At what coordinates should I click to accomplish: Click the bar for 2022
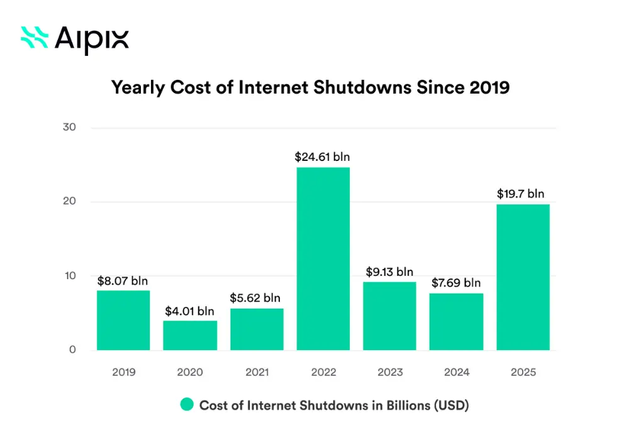(323, 258)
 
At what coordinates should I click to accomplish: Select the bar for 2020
(190, 335)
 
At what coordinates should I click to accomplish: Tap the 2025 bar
(523, 277)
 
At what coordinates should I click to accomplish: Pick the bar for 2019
(123, 320)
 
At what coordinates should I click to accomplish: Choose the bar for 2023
(389, 316)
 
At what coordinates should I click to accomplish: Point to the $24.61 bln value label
(322, 157)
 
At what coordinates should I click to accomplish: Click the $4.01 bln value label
(190, 311)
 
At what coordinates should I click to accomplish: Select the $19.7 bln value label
(521, 194)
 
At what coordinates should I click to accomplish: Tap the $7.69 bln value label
(456, 283)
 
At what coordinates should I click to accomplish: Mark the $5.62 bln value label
(255, 298)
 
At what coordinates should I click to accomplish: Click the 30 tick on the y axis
(70, 128)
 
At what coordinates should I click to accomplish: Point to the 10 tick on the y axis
(70, 276)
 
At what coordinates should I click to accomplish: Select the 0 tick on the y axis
(73, 350)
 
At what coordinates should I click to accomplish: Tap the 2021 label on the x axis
(257, 372)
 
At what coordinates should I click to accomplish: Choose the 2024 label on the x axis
(456, 372)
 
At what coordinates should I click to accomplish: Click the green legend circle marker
(186, 405)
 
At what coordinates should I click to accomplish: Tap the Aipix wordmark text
(92, 39)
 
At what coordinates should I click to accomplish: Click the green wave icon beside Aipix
(35, 37)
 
